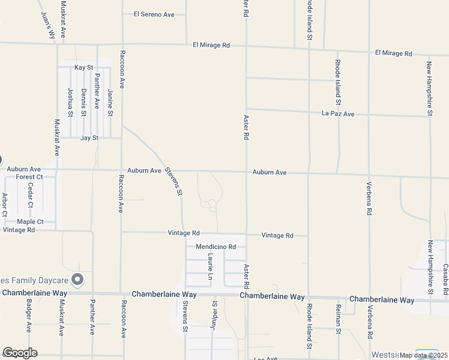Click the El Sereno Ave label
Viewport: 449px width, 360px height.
[x=153, y=14]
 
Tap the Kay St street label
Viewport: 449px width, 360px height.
[x=84, y=68]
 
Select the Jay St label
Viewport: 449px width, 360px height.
[x=89, y=138]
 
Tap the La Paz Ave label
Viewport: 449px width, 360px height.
[x=338, y=113]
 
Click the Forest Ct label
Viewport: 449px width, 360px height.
[x=29, y=177]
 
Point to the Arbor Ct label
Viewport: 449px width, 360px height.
[x=5, y=204]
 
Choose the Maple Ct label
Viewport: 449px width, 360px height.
[x=30, y=221]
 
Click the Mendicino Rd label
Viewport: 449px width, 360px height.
[x=215, y=247]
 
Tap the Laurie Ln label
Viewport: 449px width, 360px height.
[x=211, y=266]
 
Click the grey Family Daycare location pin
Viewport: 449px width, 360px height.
[x=77, y=279]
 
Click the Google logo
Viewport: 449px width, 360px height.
[x=19, y=353]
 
